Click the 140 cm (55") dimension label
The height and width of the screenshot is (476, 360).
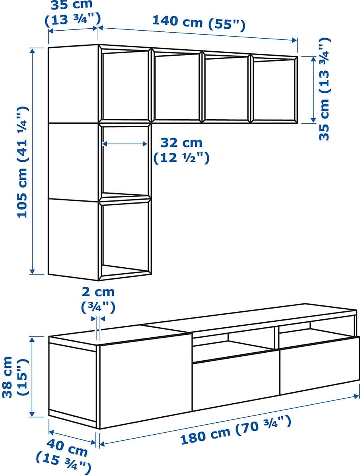tap(198, 23)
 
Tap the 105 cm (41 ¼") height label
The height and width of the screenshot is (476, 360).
tap(23, 161)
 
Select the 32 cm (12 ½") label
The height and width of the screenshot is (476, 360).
tap(181, 150)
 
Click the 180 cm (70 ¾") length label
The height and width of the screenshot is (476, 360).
tap(236, 430)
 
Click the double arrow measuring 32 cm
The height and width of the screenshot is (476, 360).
tap(125, 144)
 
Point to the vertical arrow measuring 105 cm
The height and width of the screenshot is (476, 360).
tap(33, 161)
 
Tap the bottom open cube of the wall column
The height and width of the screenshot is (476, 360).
tap(125, 238)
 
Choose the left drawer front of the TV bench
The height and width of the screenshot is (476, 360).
tap(236, 381)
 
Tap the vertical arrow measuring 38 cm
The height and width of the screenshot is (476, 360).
tap(33, 377)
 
